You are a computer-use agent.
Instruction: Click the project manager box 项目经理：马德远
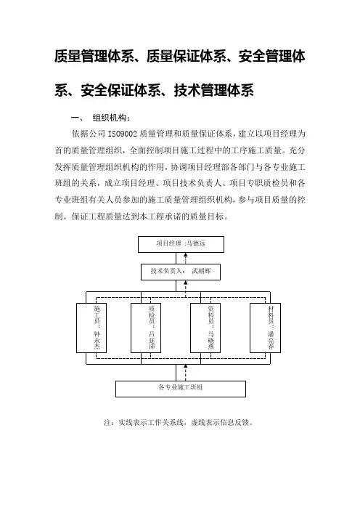pyautogui.click(x=181, y=244)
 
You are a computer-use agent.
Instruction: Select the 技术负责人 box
pyautogui.click(x=181, y=272)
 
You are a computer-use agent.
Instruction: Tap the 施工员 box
pyautogui.click(x=91, y=328)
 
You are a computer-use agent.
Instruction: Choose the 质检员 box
pyautogui.click(x=146, y=328)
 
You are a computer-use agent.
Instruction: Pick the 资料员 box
pyautogui.click(x=205, y=328)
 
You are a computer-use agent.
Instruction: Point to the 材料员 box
pyautogui.click(x=265, y=328)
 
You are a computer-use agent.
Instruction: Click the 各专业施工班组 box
pyautogui.click(x=181, y=389)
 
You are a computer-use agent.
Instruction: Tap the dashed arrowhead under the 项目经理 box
pyautogui.click(x=186, y=255)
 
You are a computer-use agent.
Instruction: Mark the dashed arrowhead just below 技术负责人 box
pyautogui.click(x=186, y=283)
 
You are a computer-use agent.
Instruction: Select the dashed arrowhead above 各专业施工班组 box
pyautogui.click(x=186, y=367)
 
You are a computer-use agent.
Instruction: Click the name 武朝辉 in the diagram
pyautogui.click(x=201, y=271)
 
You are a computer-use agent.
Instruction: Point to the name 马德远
pyautogui.click(x=195, y=243)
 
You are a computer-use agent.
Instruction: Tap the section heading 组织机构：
pyautogui.click(x=112, y=118)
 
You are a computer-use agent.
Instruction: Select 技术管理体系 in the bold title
pyautogui.click(x=214, y=90)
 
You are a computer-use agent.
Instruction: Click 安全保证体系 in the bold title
pyautogui.click(x=121, y=90)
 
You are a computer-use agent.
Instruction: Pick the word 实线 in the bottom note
pyautogui.click(x=126, y=423)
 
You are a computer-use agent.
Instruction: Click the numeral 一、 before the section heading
pyautogui.click(x=77, y=118)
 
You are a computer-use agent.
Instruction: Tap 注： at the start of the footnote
pyautogui.click(x=109, y=423)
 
